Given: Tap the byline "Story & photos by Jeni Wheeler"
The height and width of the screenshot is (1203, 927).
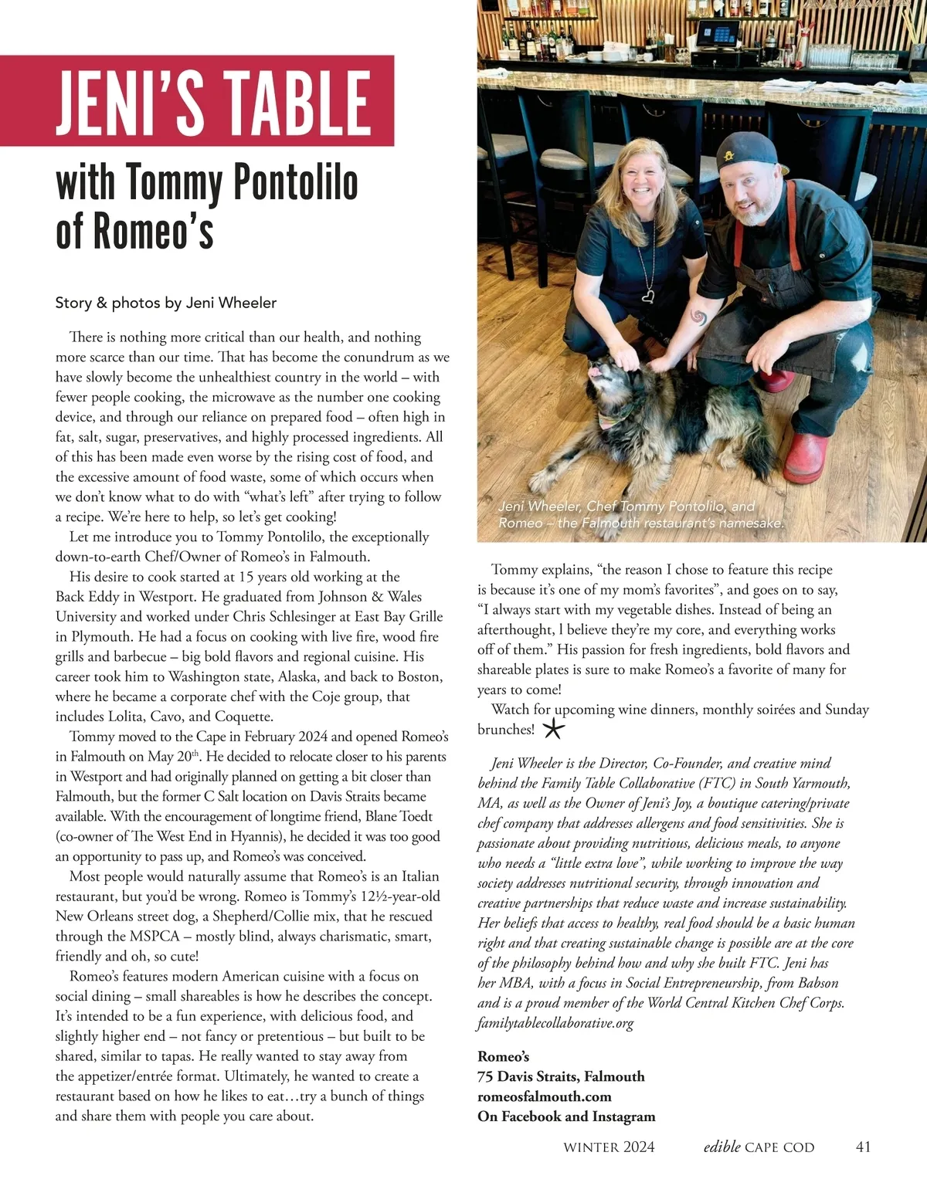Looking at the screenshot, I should pos(165,303).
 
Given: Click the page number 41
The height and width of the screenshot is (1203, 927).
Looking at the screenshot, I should pos(864,1147).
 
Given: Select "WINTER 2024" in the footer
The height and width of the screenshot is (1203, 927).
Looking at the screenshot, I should pos(609,1147).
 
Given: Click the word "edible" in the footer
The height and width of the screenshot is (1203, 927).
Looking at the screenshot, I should pos(722,1147).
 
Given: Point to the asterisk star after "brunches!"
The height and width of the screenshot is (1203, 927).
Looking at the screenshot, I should pos(554,728).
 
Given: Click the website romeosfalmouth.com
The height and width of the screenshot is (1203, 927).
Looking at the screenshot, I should pos(544,1096).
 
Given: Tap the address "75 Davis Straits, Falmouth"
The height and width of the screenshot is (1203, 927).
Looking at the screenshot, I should pos(561,1076).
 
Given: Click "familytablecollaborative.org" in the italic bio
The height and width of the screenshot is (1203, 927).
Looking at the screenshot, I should pos(555,1023).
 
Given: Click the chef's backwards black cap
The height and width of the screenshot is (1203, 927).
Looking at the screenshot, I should pos(745,149).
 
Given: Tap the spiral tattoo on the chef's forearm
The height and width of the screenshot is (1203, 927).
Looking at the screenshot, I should pos(699,318).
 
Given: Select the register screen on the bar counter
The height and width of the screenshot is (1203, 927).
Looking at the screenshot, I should pos(715,33).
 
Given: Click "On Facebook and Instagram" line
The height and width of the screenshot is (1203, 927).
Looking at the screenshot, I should pos(566,1117).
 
